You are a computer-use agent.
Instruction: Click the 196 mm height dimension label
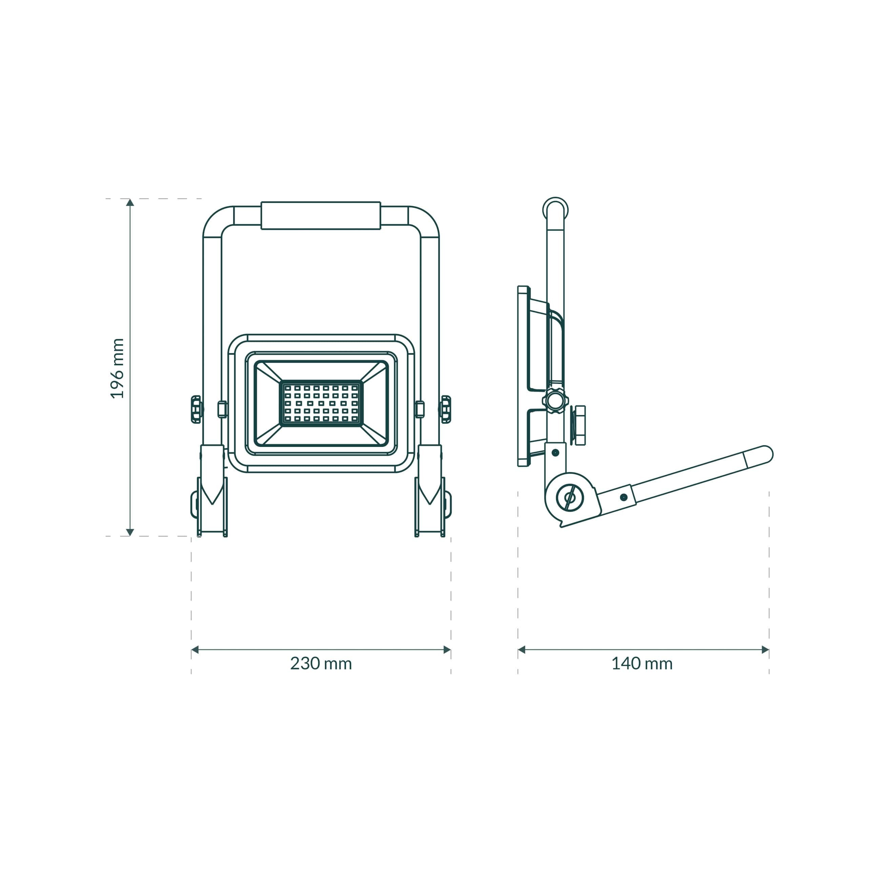tap(118, 368)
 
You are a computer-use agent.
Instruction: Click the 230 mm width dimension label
tap(321, 664)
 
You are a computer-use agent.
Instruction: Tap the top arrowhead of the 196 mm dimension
tap(130, 203)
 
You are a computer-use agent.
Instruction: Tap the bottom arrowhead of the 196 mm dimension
tap(130, 532)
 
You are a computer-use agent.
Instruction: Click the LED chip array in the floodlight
tap(321, 403)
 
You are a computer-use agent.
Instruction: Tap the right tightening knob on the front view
tap(446, 409)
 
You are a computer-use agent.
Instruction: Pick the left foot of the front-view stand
tap(212, 506)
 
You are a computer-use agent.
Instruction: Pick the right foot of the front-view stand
tap(430, 506)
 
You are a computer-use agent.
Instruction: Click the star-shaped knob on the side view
tap(555, 401)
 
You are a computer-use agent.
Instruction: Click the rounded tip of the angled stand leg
tap(766, 454)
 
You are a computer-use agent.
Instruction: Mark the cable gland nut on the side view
tap(579, 425)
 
